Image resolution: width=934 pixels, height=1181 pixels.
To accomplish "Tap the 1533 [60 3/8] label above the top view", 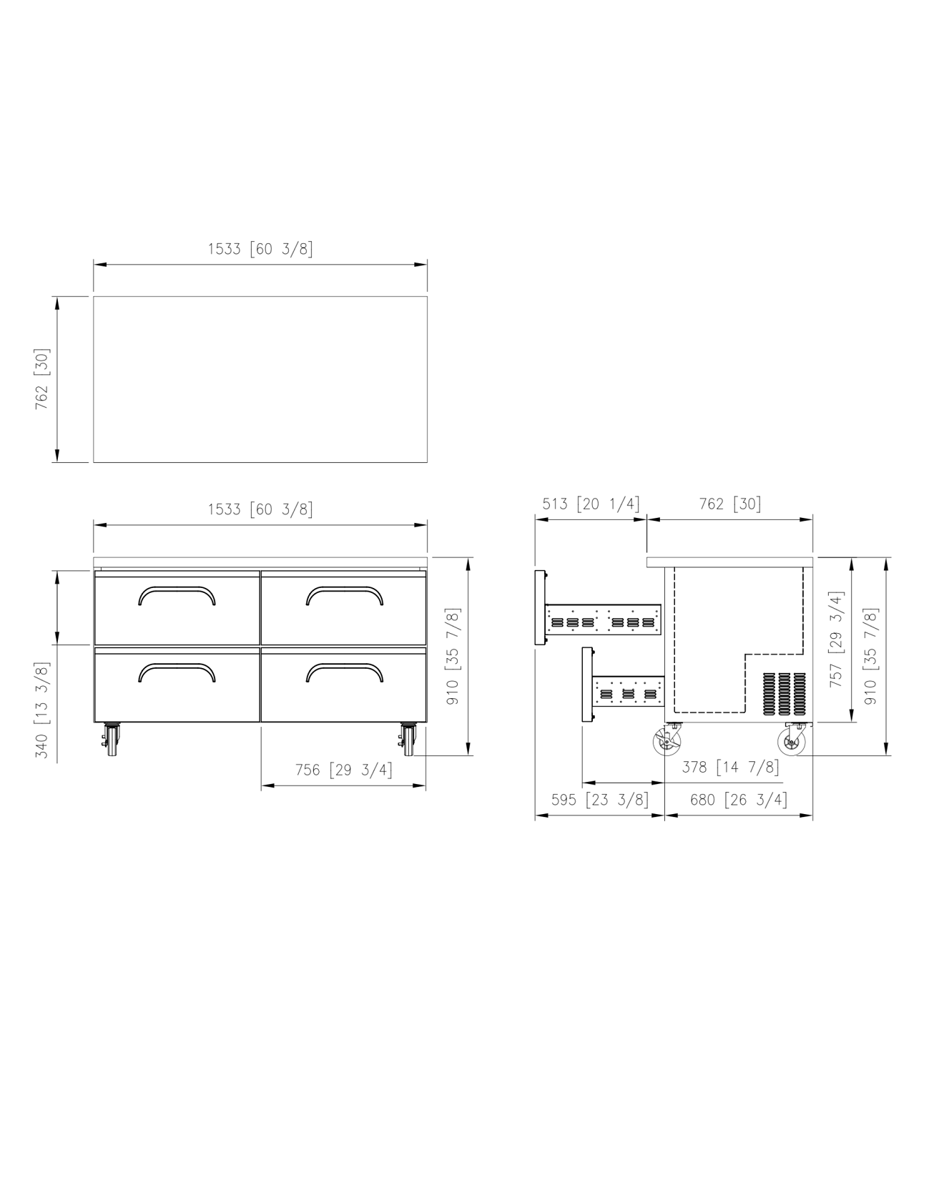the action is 260,249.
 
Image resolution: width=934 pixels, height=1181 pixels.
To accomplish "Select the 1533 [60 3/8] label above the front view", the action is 260,509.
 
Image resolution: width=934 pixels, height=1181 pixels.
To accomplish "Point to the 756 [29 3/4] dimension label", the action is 344,770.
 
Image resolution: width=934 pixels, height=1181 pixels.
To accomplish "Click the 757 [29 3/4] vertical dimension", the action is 836,639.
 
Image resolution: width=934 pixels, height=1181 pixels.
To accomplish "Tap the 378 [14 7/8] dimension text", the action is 730,767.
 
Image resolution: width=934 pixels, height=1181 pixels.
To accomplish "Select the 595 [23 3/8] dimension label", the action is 600,799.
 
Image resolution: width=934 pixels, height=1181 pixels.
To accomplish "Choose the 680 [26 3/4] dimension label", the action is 739,799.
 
